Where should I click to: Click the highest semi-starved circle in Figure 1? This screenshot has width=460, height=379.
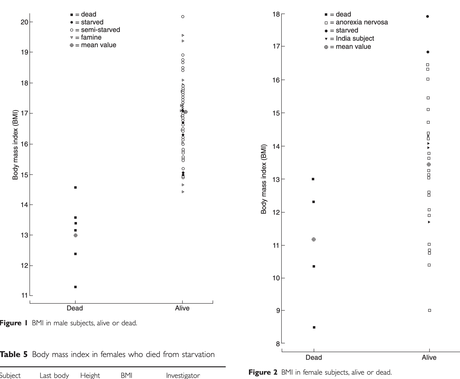183,17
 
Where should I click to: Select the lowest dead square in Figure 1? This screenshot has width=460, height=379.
75,287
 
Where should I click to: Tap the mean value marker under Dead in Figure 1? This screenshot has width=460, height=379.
76,235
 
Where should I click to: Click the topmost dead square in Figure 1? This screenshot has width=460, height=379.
75,188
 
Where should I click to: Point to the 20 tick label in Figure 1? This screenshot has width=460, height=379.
24,22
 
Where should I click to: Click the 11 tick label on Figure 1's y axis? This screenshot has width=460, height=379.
24,296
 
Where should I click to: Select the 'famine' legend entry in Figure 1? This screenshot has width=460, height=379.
86,37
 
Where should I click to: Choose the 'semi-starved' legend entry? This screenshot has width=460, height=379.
95,30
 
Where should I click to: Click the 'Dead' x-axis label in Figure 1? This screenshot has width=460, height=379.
75,308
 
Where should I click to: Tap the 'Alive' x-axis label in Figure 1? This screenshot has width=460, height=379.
182,308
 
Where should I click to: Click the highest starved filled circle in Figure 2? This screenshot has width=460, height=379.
428,17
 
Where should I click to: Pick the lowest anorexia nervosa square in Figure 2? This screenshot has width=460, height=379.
429,310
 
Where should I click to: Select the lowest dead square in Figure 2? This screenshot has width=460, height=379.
314,327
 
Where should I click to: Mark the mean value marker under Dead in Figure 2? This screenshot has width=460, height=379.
314,239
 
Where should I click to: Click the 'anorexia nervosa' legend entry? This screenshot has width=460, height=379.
356,22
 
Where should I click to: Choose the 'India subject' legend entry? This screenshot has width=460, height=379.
349,38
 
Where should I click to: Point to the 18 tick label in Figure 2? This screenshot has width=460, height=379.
276,14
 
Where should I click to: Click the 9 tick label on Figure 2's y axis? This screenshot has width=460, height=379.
278,310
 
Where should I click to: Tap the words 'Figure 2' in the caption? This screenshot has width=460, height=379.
263,372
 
